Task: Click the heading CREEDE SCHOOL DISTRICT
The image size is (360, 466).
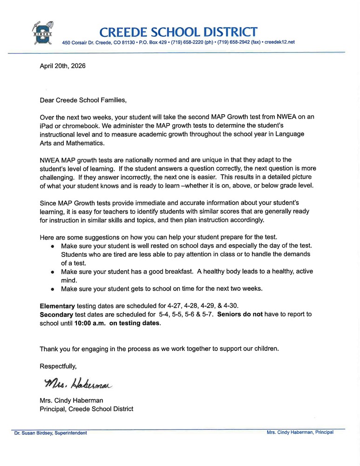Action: tap(178, 32)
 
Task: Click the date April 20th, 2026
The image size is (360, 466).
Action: tap(62, 66)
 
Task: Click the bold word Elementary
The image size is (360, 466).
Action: tap(57, 306)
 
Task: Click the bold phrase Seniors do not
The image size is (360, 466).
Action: tap(240, 314)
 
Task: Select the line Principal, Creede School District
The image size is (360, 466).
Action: tap(86, 409)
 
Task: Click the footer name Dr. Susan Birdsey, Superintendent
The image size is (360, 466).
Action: tap(50, 433)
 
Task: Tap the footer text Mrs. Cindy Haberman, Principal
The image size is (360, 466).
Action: tap(300, 432)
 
